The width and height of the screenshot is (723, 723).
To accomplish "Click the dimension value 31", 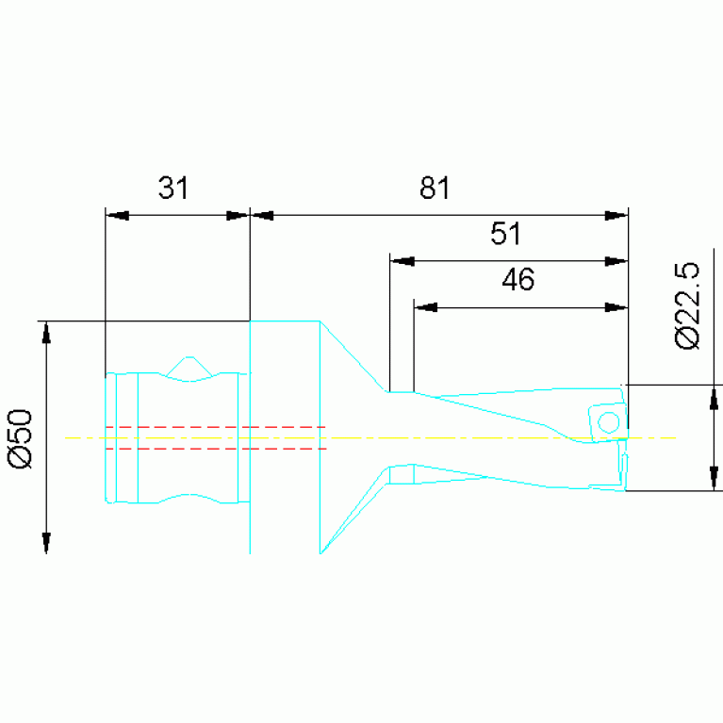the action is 173,188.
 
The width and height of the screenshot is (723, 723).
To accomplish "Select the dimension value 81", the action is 435,188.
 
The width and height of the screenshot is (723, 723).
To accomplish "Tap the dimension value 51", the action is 505,234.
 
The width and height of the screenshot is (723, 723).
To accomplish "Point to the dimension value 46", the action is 518,279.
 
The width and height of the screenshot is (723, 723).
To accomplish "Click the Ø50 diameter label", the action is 21,439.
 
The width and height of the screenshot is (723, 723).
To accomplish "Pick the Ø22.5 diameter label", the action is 687,306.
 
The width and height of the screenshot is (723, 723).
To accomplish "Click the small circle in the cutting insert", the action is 608,422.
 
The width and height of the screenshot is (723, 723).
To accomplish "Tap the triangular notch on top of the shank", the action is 189,366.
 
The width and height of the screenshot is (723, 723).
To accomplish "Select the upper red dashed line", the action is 216,427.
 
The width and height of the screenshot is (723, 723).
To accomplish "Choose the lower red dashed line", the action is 216,448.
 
